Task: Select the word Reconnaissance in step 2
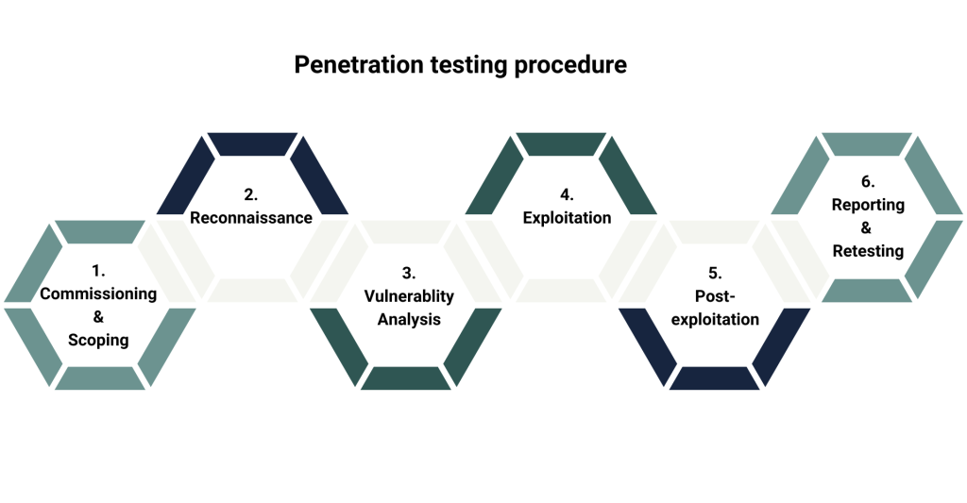pos(251,218)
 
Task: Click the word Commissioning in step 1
pos(98,293)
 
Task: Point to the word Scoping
pos(98,340)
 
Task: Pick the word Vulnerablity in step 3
pos(409,296)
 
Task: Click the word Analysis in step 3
pos(409,319)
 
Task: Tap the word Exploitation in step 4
pos(567,218)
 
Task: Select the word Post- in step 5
pos(715,296)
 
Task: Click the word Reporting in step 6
pos(868,205)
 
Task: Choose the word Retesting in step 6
pos(868,251)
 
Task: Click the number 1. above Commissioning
pos(98,271)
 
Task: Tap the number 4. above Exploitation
pos(567,194)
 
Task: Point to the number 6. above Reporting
pos(868,181)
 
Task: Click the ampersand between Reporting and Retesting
pos(868,227)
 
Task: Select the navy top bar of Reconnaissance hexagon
pos(251,143)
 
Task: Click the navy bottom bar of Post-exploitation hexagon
pos(715,377)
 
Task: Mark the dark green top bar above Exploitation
pos(561,143)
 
